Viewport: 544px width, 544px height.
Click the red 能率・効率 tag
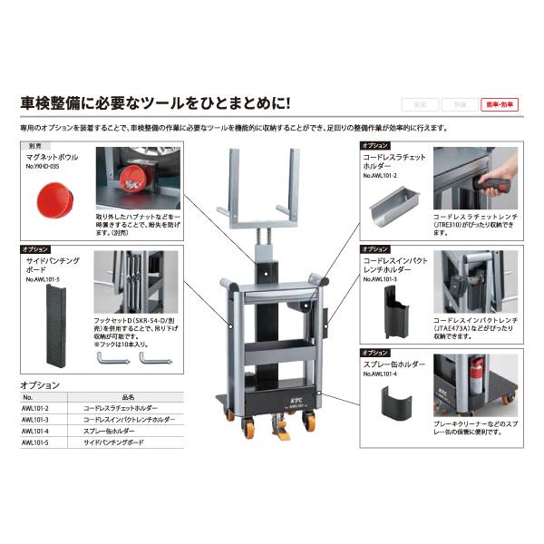[499, 105]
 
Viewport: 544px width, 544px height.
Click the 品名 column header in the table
[127, 397]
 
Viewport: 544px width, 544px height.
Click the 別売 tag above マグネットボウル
[35, 145]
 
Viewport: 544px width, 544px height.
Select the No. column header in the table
[27, 397]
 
